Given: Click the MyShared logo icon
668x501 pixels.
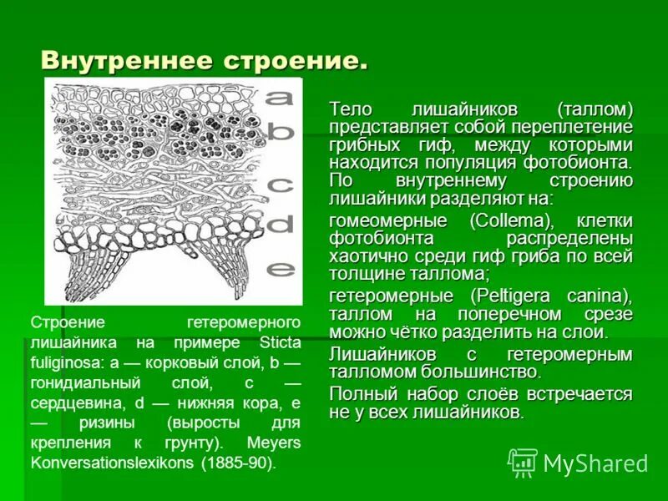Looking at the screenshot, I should pos(522,462).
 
